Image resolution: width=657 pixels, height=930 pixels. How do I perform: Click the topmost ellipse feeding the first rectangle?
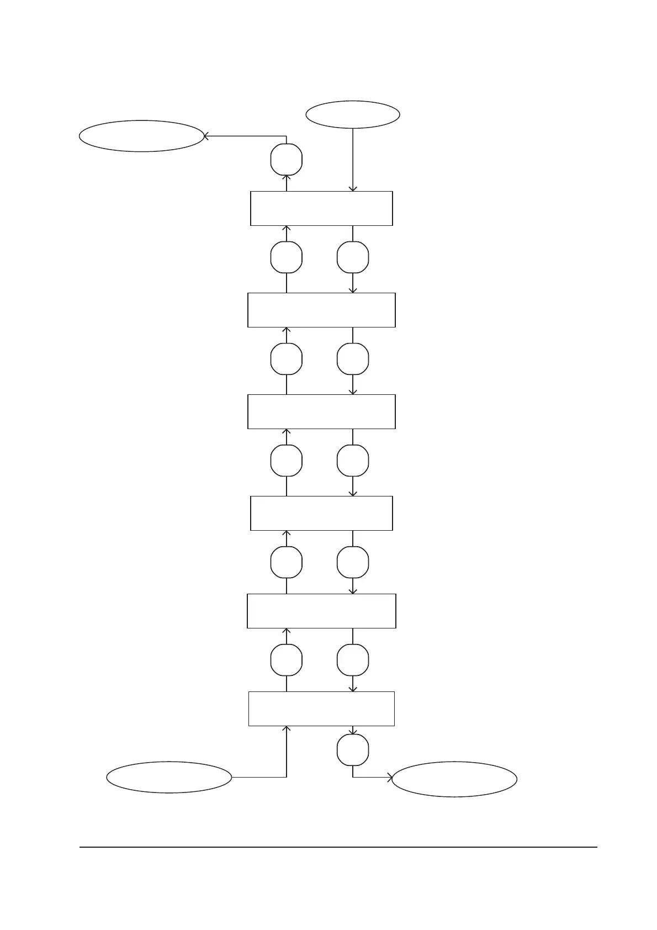353,114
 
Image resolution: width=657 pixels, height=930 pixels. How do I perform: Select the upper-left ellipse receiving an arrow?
141,136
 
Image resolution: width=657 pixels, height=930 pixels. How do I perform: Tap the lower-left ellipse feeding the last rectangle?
169,777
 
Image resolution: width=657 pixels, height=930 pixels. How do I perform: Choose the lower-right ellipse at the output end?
454,779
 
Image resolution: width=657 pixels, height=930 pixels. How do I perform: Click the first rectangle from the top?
321,208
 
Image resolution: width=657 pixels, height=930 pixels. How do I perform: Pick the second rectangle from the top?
321,310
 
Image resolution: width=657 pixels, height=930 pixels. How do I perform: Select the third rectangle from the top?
321,411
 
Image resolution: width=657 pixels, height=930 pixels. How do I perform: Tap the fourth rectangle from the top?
321,513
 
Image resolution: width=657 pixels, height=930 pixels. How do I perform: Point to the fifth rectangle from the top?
321,611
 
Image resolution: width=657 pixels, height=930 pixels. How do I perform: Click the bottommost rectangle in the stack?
321,709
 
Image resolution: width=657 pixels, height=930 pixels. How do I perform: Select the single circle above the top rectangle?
287,160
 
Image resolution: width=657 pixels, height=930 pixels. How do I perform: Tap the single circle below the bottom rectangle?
353,750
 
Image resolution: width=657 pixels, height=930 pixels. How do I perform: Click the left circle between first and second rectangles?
287,257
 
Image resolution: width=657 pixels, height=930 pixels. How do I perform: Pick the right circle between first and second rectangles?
353,257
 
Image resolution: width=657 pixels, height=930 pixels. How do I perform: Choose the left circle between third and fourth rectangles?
287,461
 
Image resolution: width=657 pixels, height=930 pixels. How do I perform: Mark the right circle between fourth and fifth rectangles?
353,562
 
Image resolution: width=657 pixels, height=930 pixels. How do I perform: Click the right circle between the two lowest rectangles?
353,660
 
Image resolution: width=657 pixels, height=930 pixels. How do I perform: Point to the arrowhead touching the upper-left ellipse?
206,136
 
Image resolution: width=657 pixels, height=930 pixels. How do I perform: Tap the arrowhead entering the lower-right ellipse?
390,778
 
